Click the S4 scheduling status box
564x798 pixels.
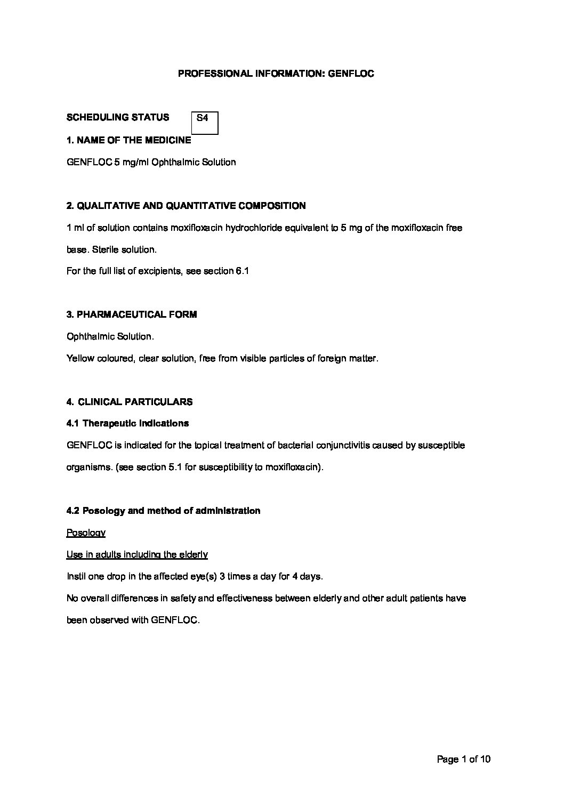pos(205,123)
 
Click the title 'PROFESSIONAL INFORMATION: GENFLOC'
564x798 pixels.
pos(276,74)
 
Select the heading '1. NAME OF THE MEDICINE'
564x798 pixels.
pos(128,140)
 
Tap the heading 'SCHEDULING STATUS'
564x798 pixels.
pos(118,117)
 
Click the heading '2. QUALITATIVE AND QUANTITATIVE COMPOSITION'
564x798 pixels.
pos(186,206)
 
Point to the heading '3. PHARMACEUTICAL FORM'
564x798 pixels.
pos(132,315)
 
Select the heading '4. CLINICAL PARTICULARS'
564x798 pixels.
pos(130,402)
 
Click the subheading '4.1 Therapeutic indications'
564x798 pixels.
pos(127,423)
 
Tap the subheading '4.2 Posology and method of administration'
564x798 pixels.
pos(163,511)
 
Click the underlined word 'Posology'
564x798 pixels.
pos(86,533)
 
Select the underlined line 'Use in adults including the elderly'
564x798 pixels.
pos(137,554)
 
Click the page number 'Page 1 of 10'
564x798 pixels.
pos(463,759)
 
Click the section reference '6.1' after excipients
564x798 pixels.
pos(243,271)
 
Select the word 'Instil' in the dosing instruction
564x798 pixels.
pos(76,576)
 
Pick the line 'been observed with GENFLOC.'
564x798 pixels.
pos(133,620)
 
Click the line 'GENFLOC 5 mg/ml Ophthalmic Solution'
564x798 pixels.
pos(151,162)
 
